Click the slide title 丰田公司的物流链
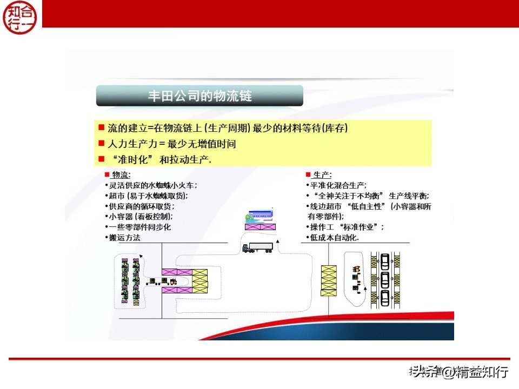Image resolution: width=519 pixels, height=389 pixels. click(x=199, y=96)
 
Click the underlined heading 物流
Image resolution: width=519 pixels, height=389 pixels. click(x=120, y=175)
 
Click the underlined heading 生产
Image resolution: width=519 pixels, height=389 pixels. click(x=322, y=175)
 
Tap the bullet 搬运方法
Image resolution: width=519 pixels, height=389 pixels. click(x=124, y=237)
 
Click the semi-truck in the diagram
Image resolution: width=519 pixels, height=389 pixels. click(x=258, y=247)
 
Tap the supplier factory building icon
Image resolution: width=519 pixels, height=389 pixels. click(x=259, y=214)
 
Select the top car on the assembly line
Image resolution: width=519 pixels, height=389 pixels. click(x=384, y=262)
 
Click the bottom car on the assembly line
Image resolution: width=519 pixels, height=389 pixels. click(x=384, y=298)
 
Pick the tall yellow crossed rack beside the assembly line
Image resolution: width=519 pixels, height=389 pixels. click(x=328, y=280)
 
